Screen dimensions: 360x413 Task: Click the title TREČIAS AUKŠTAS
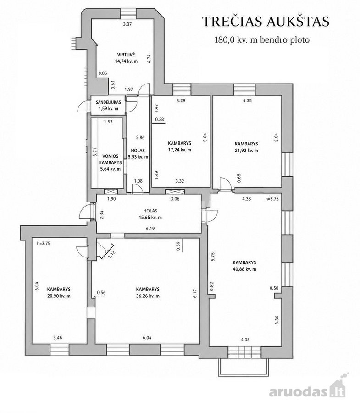[x=266, y=21]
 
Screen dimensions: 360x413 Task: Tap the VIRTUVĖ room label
[x=126, y=55]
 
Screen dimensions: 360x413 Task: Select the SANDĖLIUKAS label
[x=108, y=102]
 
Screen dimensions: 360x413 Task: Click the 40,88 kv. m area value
[x=244, y=269]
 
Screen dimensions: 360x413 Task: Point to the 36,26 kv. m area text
[x=148, y=296]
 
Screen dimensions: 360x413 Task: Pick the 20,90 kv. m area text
[x=59, y=296]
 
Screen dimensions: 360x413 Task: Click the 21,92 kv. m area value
[x=246, y=151]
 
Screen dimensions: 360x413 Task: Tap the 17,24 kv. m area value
[x=179, y=150]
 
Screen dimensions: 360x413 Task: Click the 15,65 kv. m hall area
[x=150, y=218]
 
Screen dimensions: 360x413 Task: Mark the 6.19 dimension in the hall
[x=150, y=229]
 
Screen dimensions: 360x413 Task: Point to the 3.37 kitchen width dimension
[x=127, y=24]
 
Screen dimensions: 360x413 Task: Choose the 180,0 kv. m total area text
[x=262, y=40]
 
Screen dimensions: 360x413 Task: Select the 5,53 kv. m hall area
[x=138, y=157]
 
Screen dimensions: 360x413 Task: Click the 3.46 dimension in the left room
[x=58, y=338]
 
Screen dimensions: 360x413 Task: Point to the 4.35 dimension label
[x=247, y=100]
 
